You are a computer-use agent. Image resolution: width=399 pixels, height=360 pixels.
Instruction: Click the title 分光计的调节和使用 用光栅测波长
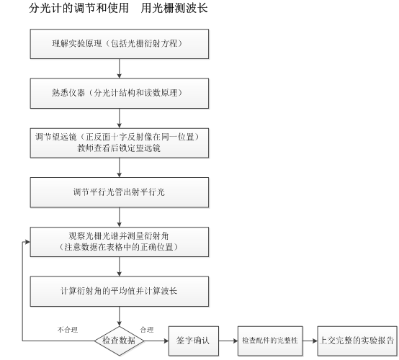[118, 8]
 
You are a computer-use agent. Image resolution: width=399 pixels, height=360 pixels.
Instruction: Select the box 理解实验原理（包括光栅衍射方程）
[120, 44]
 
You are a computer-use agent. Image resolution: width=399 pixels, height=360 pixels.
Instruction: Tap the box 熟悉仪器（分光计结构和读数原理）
[120, 94]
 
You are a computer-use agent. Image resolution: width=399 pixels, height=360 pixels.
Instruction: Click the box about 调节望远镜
[120, 143]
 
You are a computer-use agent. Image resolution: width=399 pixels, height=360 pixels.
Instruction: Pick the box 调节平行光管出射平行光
[120, 192]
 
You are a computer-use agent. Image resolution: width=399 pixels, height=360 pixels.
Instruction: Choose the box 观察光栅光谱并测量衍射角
[120, 242]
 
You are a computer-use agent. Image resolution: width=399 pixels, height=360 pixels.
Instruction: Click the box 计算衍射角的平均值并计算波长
[120, 292]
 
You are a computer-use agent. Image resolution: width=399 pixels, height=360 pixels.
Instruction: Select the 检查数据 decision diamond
[120, 341]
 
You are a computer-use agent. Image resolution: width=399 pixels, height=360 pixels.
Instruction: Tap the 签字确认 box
[194, 341]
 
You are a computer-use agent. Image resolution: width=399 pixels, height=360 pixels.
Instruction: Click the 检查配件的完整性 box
[270, 341]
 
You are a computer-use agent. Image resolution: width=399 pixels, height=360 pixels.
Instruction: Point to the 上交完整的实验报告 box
[357, 341]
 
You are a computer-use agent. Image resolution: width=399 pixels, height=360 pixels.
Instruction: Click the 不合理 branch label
[68, 330]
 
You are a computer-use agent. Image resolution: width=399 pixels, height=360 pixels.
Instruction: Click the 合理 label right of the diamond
[147, 330]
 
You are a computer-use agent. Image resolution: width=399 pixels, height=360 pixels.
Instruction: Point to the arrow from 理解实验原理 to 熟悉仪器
[120, 68]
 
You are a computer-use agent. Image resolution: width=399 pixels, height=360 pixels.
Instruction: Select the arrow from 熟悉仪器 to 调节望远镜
[120, 118]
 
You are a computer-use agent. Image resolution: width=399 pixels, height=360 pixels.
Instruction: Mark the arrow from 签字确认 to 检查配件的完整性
[228, 341]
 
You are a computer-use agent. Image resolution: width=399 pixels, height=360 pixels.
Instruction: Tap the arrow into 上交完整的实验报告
[310, 341]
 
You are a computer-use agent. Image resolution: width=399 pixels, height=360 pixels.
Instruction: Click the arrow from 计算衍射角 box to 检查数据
[120, 316]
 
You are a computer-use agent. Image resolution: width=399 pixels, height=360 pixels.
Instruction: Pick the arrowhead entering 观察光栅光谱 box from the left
[27, 242]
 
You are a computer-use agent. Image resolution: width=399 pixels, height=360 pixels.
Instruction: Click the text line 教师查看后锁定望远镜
[119, 148]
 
